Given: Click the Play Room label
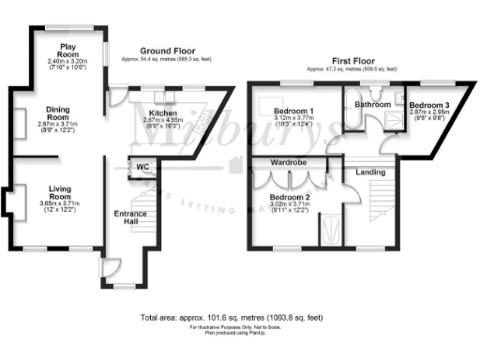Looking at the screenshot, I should (68, 49).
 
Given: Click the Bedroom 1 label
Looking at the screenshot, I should (294, 111).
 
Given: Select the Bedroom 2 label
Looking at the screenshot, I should (289, 197).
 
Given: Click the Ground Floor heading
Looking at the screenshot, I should (167, 50).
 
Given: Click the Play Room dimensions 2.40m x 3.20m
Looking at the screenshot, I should (68, 61).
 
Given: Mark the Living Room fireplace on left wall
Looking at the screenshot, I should (8, 201).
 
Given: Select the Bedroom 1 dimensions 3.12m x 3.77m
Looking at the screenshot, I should (294, 119).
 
